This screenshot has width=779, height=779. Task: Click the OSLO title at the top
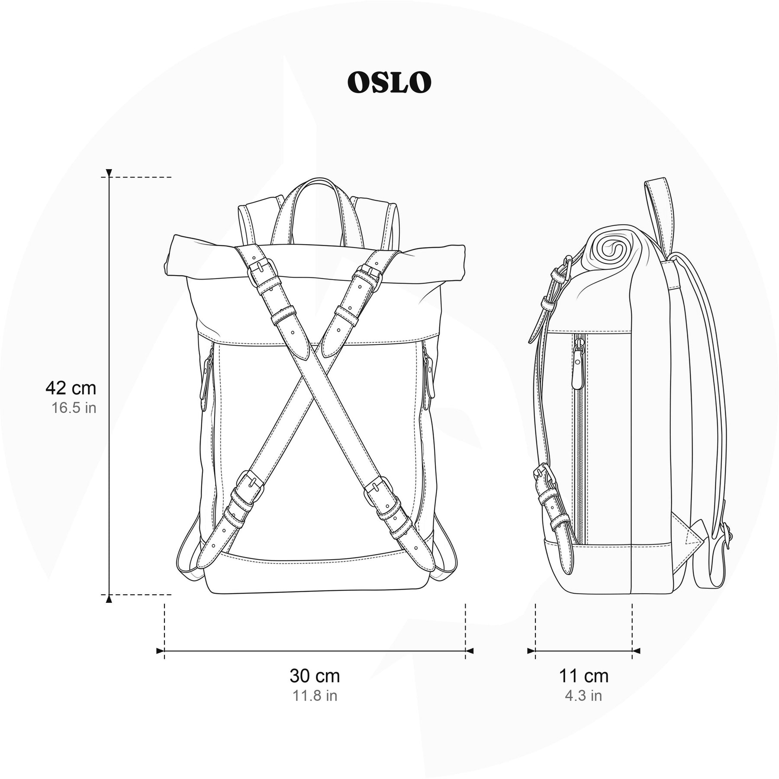click(389, 82)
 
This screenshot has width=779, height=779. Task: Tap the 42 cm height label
click(71, 388)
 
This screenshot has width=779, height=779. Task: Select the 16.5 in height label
click(74, 408)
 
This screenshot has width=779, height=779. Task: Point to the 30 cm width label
click(315, 676)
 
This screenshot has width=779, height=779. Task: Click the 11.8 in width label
click(315, 695)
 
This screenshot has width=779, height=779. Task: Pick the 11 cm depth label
click(584, 676)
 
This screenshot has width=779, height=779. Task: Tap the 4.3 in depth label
click(584, 695)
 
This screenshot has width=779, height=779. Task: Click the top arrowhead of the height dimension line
click(109, 173)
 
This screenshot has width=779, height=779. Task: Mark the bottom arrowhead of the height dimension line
click(109, 599)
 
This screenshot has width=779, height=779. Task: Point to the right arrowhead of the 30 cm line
click(470, 650)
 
